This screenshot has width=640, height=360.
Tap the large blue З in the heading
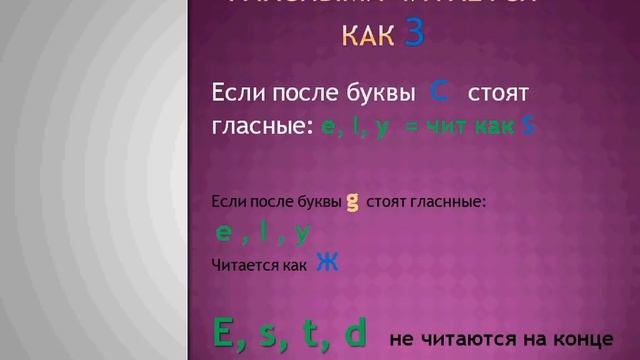pyautogui.click(x=415, y=34)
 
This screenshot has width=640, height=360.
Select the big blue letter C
pyautogui.click(x=437, y=93)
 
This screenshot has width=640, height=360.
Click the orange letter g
pyautogui.click(x=352, y=202)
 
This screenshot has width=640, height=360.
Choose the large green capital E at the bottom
pyautogui.click(x=227, y=332)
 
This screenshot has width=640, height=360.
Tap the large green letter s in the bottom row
pyautogui.click(x=271, y=334)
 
